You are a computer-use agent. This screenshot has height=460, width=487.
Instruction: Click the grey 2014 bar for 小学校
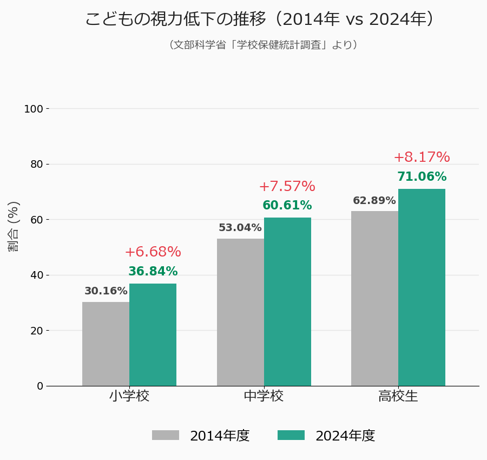(x=106, y=344)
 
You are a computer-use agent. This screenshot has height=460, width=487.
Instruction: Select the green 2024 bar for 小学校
(x=153, y=334)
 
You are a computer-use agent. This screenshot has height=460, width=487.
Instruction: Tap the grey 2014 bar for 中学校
(x=240, y=312)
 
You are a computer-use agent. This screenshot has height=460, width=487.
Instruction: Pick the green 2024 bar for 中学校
(x=287, y=301)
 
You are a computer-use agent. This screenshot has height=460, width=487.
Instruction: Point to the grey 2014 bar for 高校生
(x=374, y=298)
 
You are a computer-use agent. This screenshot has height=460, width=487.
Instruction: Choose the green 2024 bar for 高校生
(x=422, y=287)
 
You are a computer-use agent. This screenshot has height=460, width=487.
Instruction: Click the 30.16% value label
(x=106, y=291)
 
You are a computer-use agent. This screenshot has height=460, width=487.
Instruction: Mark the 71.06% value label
(x=422, y=177)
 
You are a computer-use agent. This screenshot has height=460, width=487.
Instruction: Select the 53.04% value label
(x=240, y=228)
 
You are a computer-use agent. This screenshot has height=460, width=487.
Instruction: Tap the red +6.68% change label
(x=153, y=252)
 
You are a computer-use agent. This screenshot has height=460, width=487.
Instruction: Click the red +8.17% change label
(x=422, y=157)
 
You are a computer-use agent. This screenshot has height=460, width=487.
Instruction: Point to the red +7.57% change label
(x=287, y=187)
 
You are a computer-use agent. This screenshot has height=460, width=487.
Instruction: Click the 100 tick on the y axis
(x=34, y=109)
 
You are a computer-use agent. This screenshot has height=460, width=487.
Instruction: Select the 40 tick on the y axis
(x=37, y=275)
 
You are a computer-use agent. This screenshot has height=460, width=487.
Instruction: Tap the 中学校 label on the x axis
(x=264, y=396)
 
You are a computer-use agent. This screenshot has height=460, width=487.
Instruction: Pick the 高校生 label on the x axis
(x=398, y=396)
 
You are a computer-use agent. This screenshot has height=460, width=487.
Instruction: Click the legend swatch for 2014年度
(x=166, y=435)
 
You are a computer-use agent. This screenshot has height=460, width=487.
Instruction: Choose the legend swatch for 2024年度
(x=291, y=435)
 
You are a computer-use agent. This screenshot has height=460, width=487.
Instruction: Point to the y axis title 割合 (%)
(x=14, y=226)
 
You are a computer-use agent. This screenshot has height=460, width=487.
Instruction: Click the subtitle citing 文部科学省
(x=263, y=45)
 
